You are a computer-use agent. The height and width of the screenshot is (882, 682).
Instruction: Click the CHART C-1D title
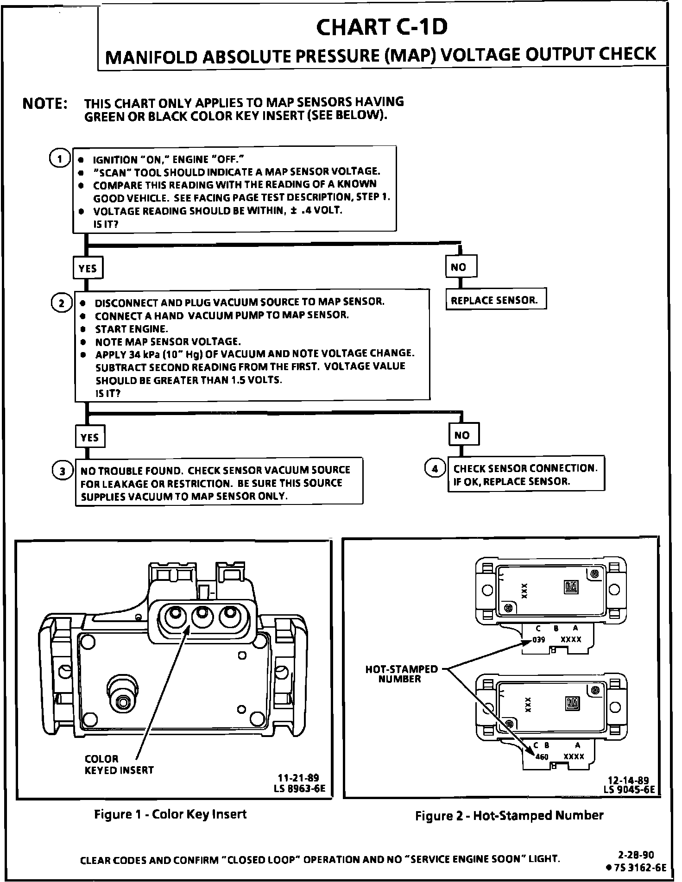(382, 28)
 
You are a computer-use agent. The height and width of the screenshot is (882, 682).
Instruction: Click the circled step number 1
(60, 158)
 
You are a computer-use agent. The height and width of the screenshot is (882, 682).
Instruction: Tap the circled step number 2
(61, 303)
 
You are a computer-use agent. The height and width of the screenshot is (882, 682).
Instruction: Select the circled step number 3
(62, 471)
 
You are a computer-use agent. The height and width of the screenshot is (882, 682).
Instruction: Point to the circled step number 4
(434, 469)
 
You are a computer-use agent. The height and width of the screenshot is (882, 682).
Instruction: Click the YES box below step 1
(88, 268)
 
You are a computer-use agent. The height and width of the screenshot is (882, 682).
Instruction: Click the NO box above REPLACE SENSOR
(461, 267)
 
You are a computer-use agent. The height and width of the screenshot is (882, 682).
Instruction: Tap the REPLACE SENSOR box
(495, 300)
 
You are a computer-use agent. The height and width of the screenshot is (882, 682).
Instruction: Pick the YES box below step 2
(90, 437)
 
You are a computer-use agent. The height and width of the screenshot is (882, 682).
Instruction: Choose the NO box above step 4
(464, 435)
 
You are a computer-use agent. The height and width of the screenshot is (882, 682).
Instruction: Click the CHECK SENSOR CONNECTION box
(525, 474)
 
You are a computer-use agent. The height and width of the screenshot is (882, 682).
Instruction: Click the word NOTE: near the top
(45, 103)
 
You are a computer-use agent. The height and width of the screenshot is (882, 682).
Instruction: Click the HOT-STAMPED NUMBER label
(401, 674)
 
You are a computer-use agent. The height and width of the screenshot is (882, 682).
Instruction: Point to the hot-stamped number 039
(539, 640)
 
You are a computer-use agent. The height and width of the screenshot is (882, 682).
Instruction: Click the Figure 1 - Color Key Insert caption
(170, 814)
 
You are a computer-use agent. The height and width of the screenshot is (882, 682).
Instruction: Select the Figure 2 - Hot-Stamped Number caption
(509, 815)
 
